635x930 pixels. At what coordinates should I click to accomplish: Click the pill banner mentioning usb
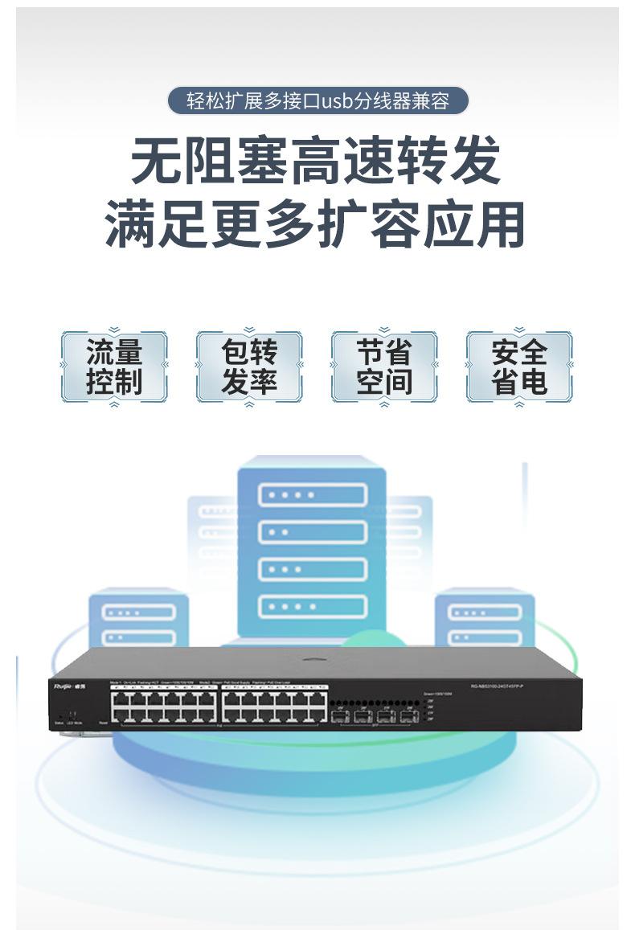tap(317, 101)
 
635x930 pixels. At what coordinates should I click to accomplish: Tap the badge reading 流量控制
tap(114, 367)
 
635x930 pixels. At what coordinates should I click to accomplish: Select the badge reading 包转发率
tap(249, 367)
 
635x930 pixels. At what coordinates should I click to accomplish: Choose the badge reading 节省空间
tap(384, 367)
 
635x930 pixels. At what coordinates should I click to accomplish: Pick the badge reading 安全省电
tap(519, 367)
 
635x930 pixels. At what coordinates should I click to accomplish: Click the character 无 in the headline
tap(157, 162)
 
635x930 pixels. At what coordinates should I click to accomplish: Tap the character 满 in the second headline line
tap(132, 223)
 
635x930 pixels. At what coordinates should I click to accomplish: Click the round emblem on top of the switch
tap(314, 661)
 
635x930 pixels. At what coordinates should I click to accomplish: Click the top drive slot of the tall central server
tap(312, 494)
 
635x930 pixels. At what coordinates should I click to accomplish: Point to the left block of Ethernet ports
tap(164, 707)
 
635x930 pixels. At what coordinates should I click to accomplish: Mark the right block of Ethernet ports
tap(274, 707)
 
